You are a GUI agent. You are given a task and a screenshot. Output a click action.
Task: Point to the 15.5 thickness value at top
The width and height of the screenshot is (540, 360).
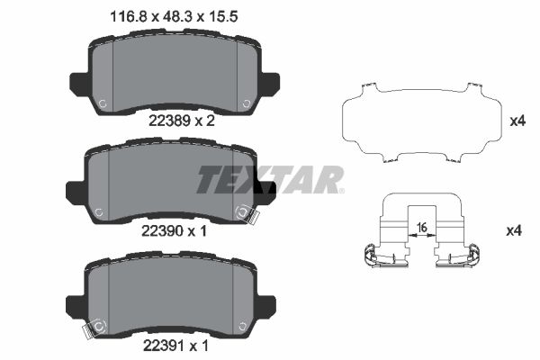tap(212, 16)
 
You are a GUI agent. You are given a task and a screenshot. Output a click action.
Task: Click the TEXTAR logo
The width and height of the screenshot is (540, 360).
tap(270, 179)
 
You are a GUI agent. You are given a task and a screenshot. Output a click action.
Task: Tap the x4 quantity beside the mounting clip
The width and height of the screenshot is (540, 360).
tap(514, 231)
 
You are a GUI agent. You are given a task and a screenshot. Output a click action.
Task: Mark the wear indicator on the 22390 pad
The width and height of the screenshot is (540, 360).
tap(245, 214)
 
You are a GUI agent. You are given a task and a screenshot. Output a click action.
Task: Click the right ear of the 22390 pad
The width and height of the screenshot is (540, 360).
tap(265, 190)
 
